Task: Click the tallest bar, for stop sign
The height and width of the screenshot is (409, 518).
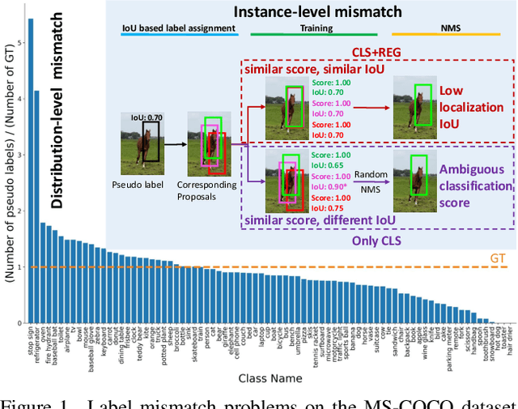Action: (x=31, y=171)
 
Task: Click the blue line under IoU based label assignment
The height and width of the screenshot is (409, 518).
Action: (x=180, y=34)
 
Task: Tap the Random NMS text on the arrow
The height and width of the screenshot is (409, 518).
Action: (x=368, y=182)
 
